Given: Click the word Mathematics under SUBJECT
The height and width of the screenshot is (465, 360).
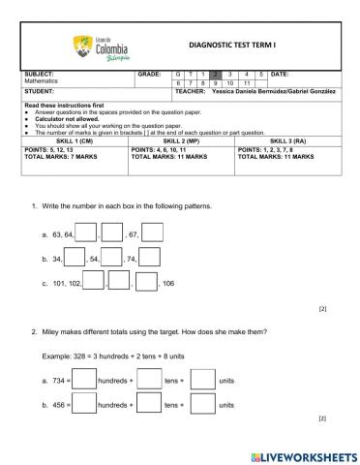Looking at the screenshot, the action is tap(44, 83).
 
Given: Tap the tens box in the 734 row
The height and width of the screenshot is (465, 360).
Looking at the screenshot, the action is tap(148, 380).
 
